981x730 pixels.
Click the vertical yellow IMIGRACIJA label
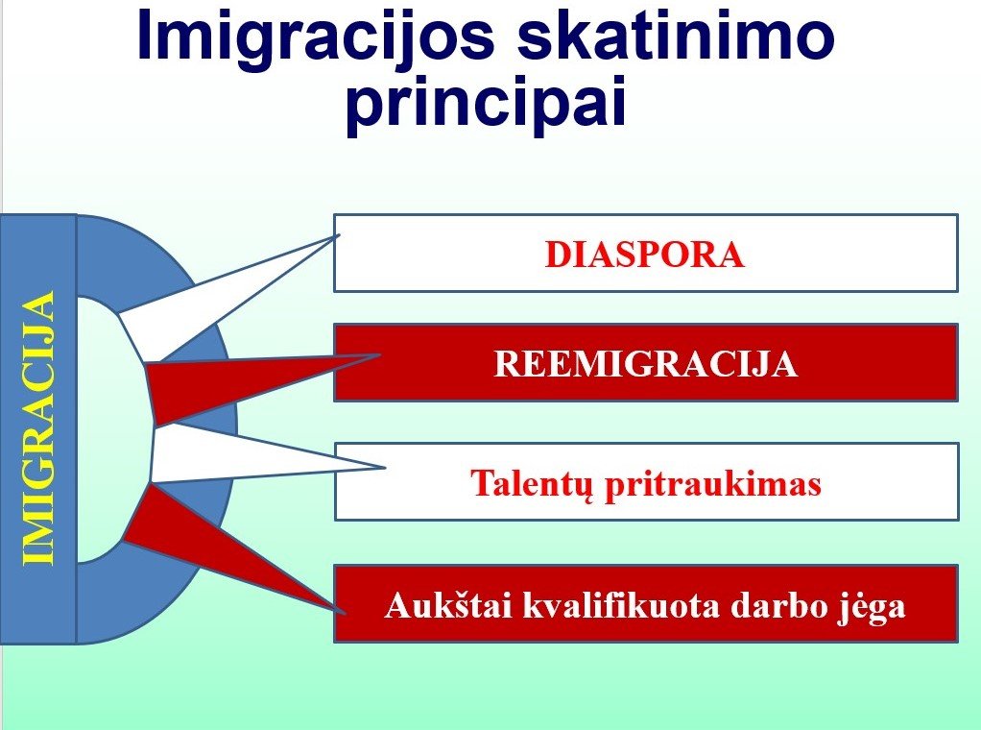coord(38,428)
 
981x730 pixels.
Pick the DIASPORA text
coord(645,255)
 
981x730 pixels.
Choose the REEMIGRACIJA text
coord(646,364)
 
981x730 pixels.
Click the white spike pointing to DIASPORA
coord(206,302)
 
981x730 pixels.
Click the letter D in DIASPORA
coord(558,255)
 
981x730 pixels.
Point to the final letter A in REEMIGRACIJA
coord(784,364)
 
